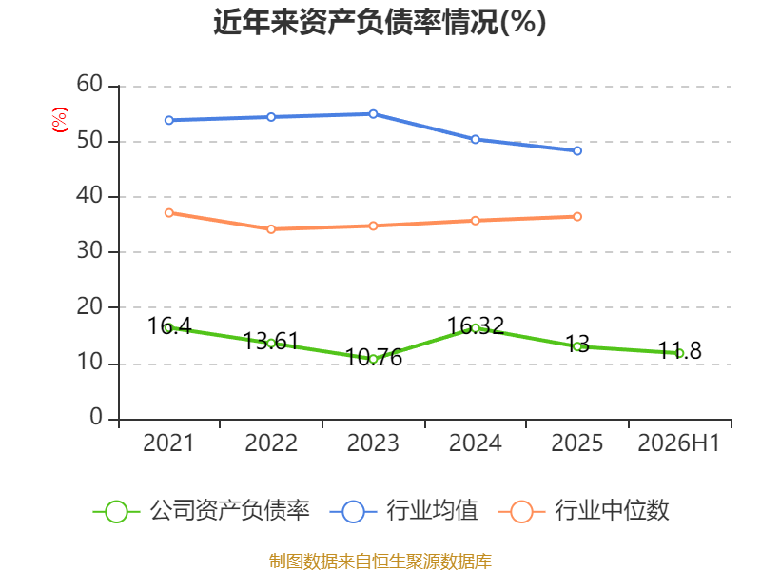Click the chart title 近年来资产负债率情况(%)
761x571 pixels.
[380, 22]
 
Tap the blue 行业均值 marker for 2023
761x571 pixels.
[373, 114]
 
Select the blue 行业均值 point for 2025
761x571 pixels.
[577, 151]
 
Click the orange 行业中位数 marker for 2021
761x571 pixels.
[169, 213]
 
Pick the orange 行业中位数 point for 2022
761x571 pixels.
[271, 229]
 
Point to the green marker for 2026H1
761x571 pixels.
[679, 353]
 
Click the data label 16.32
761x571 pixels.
[476, 325]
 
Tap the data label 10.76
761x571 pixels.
[374, 358]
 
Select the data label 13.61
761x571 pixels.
[271, 342]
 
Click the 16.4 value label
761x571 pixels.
[169, 326]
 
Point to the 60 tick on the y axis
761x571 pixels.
[89, 84]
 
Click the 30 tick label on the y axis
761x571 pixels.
[89, 251]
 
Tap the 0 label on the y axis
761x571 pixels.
[96, 417]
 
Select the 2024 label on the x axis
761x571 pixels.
[475, 443]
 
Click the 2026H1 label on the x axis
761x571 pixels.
[678, 443]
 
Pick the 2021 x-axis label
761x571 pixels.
[168, 443]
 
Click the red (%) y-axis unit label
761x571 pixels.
[60, 120]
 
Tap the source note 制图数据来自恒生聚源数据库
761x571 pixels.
[380, 561]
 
